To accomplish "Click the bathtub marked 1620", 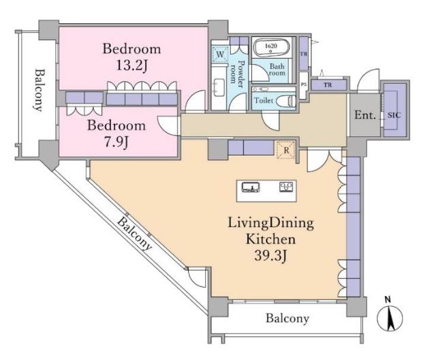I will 272,48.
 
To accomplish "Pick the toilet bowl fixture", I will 290,100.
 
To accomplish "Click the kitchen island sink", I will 250,187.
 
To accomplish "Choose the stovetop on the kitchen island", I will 286,187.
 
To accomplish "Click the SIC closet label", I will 394,114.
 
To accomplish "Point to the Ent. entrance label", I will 364,115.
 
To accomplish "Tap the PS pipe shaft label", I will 304,85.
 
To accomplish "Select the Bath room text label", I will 277,70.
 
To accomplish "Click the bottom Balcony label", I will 287,318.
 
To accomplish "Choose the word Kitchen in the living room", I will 270,239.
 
